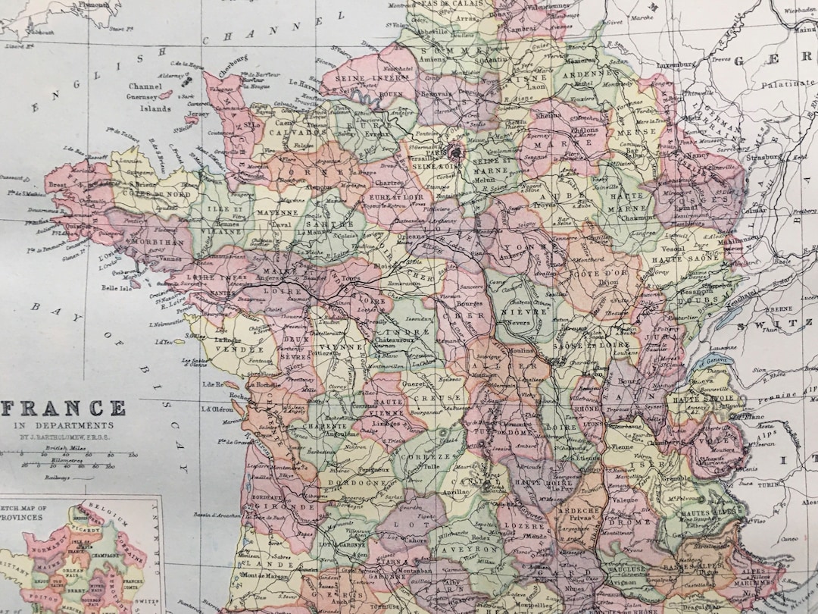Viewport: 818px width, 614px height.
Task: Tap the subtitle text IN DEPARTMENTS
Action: [x=64, y=426]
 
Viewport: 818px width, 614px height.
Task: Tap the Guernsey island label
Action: [x=142, y=97]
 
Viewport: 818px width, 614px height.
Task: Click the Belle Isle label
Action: [x=117, y=289]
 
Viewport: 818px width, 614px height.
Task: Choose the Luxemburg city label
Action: [x=676, y=64]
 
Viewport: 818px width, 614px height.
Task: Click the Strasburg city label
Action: [x=762, y=158]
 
